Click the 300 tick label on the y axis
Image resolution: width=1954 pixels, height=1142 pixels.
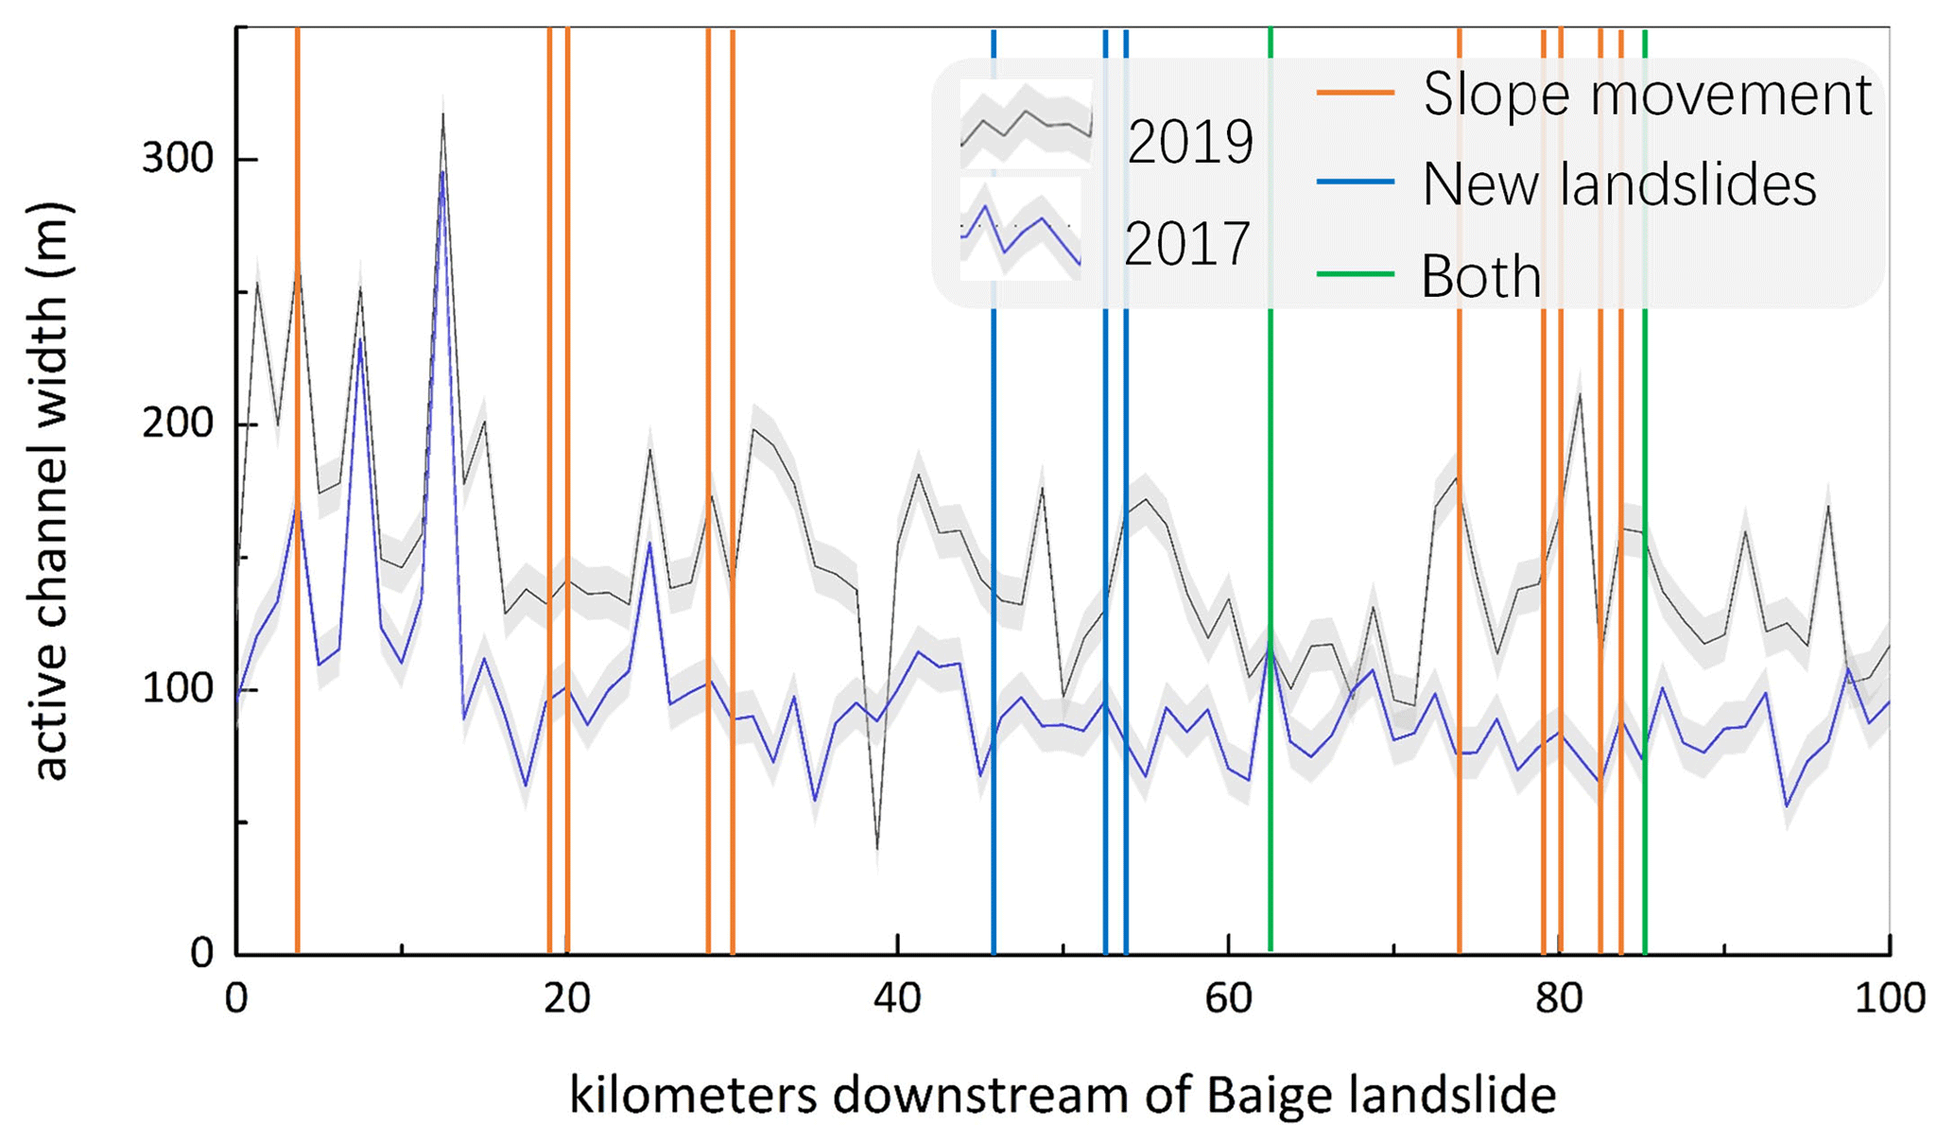177,158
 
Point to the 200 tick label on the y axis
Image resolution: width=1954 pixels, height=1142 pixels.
177,424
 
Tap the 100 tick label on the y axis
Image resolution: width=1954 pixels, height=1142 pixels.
177,688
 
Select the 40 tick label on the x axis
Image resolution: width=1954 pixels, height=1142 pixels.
897,998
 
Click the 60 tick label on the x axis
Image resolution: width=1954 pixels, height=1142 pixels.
1228,998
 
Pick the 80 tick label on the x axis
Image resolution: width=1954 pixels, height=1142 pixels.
1559,998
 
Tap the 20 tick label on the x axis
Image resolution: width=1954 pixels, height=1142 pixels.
567,998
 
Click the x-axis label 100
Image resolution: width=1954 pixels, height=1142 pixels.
1889,998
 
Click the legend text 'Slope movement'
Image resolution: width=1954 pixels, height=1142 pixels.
1647,95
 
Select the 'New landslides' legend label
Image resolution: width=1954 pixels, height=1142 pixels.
1618,184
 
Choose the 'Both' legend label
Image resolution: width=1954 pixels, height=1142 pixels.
1480,276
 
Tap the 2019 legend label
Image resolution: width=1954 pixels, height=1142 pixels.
1189,143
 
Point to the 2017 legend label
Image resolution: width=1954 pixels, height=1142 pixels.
1187,243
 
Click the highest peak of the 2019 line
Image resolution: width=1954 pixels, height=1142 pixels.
442,115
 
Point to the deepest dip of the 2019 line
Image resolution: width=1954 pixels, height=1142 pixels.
877,848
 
